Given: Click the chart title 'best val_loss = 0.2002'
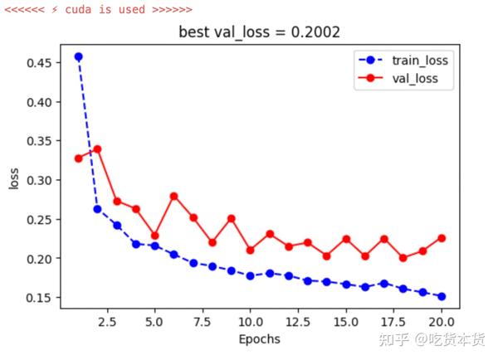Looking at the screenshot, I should [x=259, y=32].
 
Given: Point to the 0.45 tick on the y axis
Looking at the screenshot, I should [x=37, y=63].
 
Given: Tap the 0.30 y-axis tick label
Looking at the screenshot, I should [x=37, y=180].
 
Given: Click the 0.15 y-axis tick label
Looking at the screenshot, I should [x=37, y=298].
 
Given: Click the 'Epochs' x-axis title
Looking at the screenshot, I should [x=259, y=339].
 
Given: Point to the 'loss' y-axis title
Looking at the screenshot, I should [x=13, y=178].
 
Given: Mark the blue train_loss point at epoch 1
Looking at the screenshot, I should [x=78, y=56].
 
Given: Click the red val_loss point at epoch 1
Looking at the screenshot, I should [x=78, y=158].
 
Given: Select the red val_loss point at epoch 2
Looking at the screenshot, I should [x=97, y=149].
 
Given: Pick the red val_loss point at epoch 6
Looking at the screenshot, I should [x=173, y=197].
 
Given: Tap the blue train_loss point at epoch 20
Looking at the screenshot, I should [x=441, y=296].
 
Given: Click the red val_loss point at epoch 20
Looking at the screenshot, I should [x=441, y=238].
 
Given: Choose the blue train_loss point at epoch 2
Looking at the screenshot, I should [x=97, y=209].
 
